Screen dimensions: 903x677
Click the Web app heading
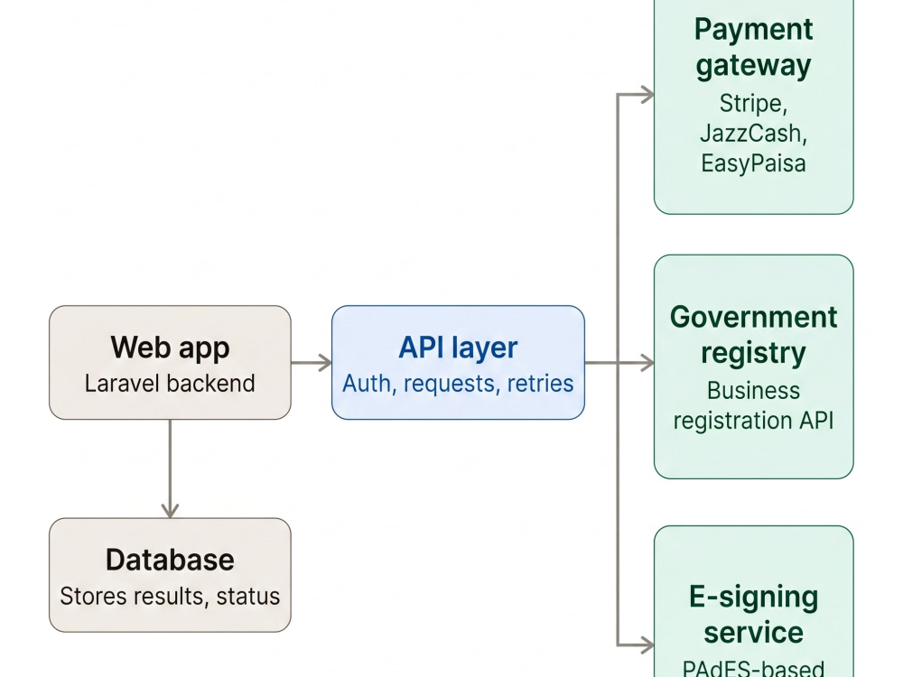(x=170, y=348)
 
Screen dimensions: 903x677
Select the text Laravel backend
(x=170, y=384)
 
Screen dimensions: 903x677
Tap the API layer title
(x=458, y=348)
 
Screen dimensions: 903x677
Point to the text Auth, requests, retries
(x=458, y=384)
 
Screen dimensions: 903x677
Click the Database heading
(x=170, y=560)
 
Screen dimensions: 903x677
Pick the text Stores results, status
(x=170, y=597)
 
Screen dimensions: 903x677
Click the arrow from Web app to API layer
(x=311, y=363)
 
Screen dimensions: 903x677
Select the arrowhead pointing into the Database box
(x=170, y=511)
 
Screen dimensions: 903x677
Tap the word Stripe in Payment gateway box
(x=753, y=104)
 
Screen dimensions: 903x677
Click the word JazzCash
(x=753, y=134)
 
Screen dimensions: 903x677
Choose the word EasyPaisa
(x=753, y=163)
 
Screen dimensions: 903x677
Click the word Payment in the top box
(x=753, y=30)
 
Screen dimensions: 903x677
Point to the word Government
(x=753, y=317)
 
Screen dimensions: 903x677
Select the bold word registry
(x=753, y=353)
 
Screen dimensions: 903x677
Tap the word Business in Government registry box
(x=753, y=391)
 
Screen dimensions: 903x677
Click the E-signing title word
(x=753, y=597)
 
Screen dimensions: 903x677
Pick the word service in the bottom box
(x=753, y=633)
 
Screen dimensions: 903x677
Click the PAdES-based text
(x=753, y=668)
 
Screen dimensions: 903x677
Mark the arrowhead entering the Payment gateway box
(x=647, y=95)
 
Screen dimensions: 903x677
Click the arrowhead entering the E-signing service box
(x=647, y=645)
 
